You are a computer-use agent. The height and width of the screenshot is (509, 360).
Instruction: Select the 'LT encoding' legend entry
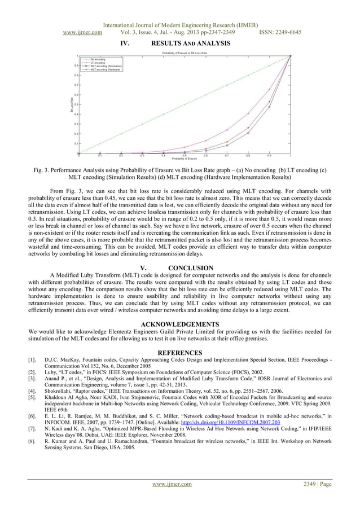(x=99, y=63)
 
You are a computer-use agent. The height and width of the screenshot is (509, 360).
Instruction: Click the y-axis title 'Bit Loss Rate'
(x=72, y=104)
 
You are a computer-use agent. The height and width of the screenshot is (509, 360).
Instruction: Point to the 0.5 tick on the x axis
(x=185, y=155)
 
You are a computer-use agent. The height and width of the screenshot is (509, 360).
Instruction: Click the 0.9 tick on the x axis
(x=269, y=155)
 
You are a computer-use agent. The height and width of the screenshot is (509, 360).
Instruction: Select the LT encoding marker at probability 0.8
(x=248, y=113)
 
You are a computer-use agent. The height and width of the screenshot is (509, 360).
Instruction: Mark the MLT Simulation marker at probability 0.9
(x=269, y=107)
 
